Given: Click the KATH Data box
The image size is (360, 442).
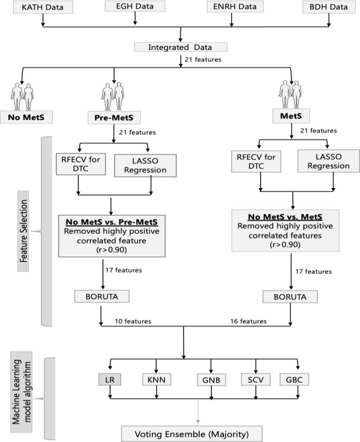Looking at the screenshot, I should (43, 8).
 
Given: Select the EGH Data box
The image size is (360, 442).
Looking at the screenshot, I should (135, 7).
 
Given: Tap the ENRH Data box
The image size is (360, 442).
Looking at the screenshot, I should (234, 7).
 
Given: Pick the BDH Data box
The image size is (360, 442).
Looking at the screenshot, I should (328, 7).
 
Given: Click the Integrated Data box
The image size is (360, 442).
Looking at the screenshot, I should (180, 47).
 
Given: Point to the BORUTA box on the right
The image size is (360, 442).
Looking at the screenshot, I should (289, 297).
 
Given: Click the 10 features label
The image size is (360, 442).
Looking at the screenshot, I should (133, 321).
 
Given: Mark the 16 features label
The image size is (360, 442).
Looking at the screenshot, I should (248, 321).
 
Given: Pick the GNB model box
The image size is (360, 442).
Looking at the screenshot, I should (211, 378).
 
